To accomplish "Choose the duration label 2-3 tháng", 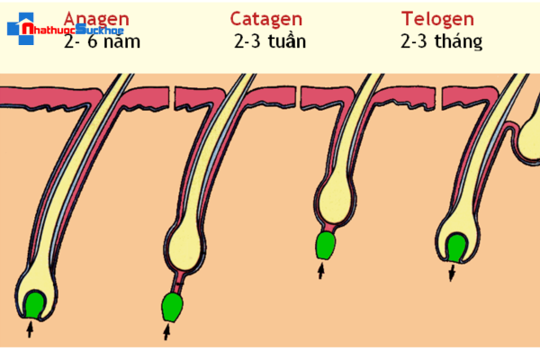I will pyautogui.click(x=442, y=41).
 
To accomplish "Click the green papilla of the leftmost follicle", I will pyautogui.click(x=36, y=304).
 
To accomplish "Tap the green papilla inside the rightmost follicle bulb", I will pyautogui.click(x=457, y=247).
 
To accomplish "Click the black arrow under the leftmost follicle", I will pyautogui.click(x=30, y=329).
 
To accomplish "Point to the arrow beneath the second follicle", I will pyautogui.click(x=166, y=333).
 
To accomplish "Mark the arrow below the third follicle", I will pyautogui.click(x=320, y=269).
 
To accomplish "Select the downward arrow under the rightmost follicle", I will pyautogui.click(x=453, y=272).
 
